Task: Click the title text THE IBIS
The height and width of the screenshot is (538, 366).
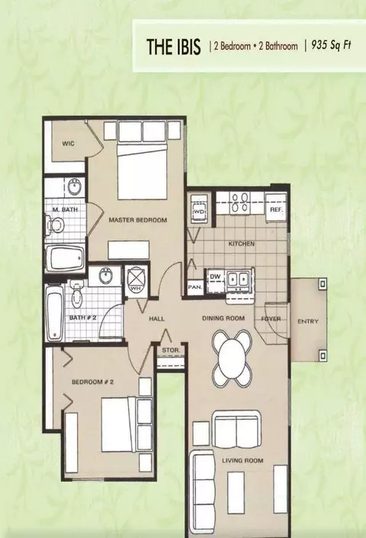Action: [x=173, y=47]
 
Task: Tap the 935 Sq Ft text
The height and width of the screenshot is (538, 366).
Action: [x=331, y=46]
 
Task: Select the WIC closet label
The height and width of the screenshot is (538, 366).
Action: [x=68, y=144]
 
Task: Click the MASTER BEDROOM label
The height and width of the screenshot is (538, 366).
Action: [x=138, y=220]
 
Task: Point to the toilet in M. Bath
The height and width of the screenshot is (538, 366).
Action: [x=55, y=225]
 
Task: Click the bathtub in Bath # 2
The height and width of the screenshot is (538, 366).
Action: [x=53, y=313]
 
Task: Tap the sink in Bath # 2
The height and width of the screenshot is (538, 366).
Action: [x=105, y=276]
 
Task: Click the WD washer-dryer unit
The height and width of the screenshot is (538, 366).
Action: [x=199, y=209]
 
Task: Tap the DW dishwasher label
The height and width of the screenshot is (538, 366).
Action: [x=215, y=277]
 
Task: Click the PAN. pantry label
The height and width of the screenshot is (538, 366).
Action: [x=194, y=287]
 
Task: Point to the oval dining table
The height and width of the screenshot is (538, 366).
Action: [x=232, y=358]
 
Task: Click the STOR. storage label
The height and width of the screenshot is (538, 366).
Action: [x=171, y=350]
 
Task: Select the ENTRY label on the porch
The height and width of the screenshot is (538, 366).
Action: [x=308, y=322]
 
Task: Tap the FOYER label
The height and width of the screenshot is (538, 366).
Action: [x=271, y=319]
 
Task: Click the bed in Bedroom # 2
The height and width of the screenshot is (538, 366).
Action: [x=127, y=425]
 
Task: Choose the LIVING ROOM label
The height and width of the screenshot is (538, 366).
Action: [x=242, y=461]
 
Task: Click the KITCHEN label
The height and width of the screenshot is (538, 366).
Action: [x=242, y=244]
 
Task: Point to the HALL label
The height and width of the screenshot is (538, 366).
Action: [x=156, y=319]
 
